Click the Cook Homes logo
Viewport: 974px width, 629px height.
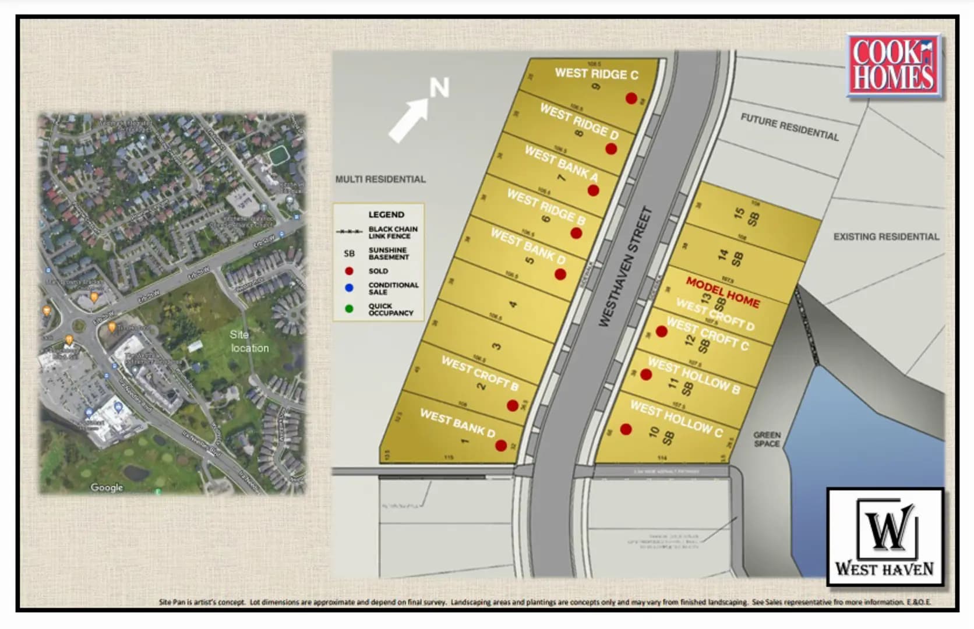[893, 66]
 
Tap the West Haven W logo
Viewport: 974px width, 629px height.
[885, 536]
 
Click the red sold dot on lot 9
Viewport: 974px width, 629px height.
[631, 98]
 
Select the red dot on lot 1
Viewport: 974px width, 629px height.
[501, 446]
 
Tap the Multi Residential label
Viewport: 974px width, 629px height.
[380, 179]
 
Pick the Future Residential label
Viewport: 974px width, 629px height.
[789, 127]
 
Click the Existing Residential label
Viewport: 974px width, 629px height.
[886, 236]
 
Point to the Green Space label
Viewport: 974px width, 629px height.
[767, 439]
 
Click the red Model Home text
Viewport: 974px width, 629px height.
[723, 292]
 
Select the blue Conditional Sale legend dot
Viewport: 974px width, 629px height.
[349, 288]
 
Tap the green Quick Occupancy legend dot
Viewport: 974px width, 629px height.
[349, 309]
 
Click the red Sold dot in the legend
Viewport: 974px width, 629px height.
[349, 271]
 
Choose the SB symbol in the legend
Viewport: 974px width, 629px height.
[349, 253]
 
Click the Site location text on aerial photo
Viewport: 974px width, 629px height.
[249, 341]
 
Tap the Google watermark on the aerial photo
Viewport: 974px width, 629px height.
[107, 487]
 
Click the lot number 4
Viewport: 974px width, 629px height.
[513, 304]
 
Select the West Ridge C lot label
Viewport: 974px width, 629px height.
[597, 74]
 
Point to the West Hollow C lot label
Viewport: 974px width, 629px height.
[676, 419]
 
